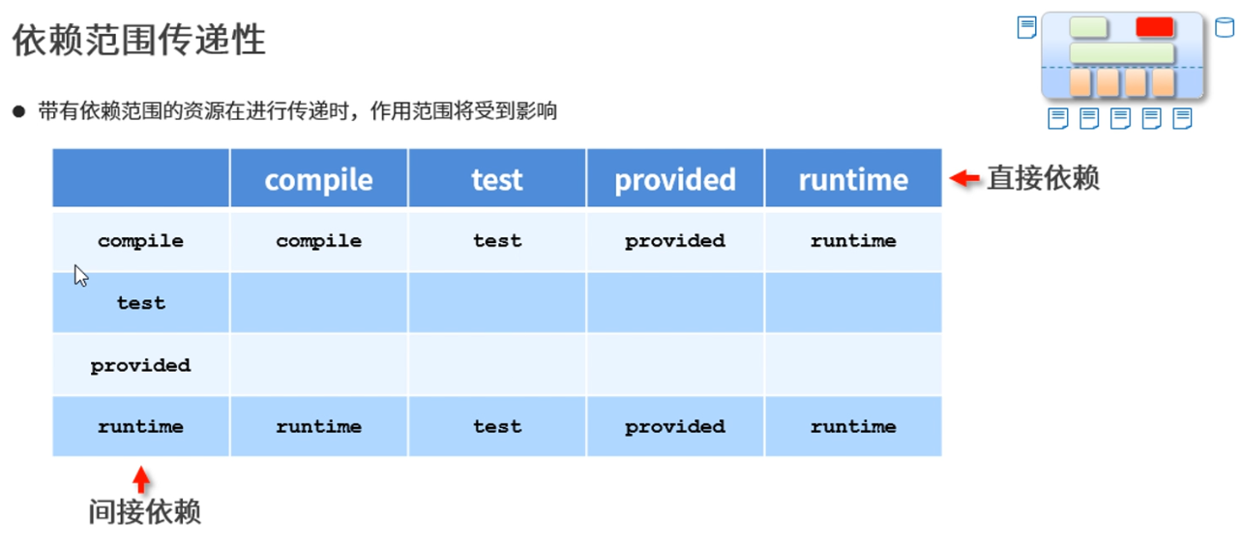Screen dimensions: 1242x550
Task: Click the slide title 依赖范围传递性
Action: coord(139,40)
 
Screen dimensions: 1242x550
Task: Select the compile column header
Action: coord(319,180)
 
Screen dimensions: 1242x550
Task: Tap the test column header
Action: coord(497,180)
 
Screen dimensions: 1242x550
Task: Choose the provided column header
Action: coord(675,180)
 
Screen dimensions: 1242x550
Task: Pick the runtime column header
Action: coord(853,180)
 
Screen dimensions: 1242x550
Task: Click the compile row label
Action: coord(141,241)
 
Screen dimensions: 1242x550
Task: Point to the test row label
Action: coord(141,303)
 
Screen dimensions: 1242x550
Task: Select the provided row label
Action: coord(141,365)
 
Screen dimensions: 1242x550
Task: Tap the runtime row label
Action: coord(141,426)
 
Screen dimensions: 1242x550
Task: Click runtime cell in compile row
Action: coord(853,241)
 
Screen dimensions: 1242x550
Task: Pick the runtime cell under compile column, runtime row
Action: coord(319,426)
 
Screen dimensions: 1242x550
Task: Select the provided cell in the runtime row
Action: coord(675,426)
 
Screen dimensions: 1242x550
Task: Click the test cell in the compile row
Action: coord(497,241)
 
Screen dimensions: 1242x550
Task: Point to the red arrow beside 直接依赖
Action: coord(964,178)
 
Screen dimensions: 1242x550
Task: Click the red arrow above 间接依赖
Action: coord(141,479)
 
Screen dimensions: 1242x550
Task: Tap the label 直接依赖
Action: coord(1043,178)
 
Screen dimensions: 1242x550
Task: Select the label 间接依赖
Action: coord(145,511)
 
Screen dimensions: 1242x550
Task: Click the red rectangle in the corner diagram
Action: coord(1154,27)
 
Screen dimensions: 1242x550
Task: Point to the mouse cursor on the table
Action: coord(81,276)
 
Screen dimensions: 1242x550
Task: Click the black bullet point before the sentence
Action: coord(18,111)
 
